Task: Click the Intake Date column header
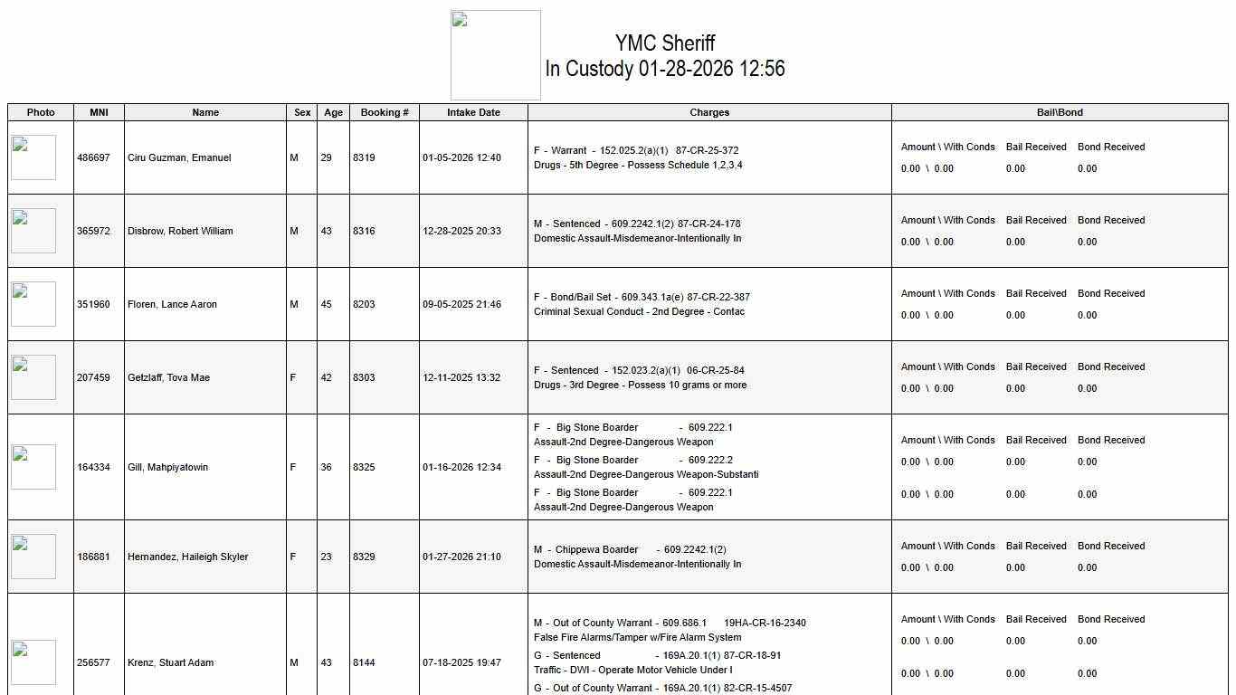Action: (x=473, y=112)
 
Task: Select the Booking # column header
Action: (x=385, y=112)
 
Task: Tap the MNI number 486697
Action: (x=93, y=157)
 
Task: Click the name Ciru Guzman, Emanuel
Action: (x=179, y=157)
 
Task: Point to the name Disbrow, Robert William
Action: (x=180, y=231)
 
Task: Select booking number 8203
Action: (x=364, y=304)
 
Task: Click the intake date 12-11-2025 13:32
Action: (x=461, y=377)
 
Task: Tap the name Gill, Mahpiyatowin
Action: (x=167, y=467)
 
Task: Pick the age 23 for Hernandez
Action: (x=326, y=557)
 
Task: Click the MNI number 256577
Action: (x=93, y=662)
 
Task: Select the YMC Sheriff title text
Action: (x=665, y=43)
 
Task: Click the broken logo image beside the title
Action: (x=496, y=55)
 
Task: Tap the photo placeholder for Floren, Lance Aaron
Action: (x=33, y=304)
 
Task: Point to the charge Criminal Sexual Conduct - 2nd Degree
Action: (x=639, y=311)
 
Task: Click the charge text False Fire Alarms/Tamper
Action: (x=637, y=637)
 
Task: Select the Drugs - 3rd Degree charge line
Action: (x=640, y=385)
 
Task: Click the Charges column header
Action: (x=709, y=112)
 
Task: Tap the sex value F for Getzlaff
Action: (x=293, y=377)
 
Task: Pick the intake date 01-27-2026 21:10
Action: (x=461, y=557)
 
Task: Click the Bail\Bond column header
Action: (x=1060, y=112)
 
